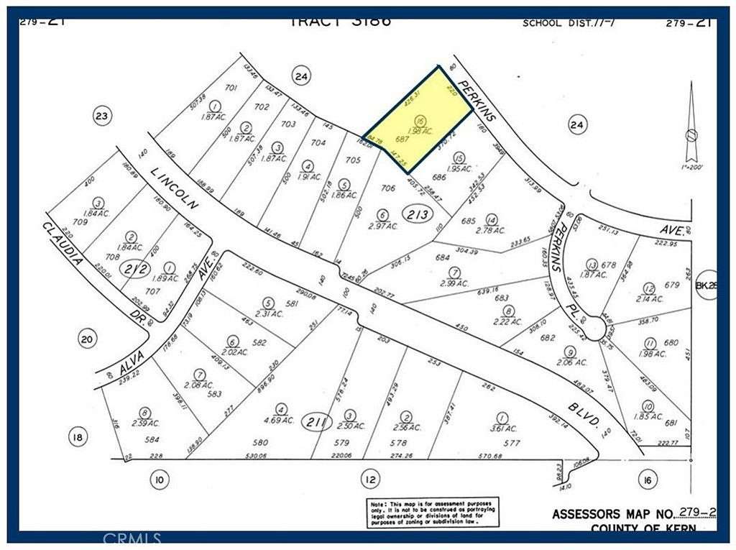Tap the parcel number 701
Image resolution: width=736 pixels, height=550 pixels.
(231, 88)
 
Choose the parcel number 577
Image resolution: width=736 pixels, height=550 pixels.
(511, 443)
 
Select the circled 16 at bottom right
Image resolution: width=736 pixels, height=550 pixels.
(648, 479)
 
